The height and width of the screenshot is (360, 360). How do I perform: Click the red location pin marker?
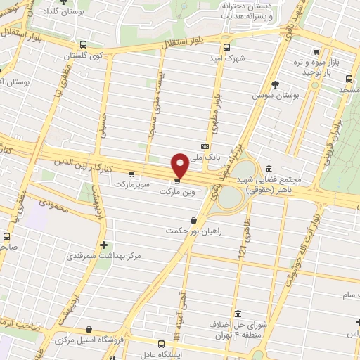point(180,165)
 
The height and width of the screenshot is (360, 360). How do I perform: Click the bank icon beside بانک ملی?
point(205,146)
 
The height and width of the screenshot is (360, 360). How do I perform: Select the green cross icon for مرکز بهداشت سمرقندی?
point(104,245)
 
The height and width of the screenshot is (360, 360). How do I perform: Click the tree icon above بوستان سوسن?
point(294,84)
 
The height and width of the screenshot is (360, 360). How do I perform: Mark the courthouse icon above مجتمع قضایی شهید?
point(269,168)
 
